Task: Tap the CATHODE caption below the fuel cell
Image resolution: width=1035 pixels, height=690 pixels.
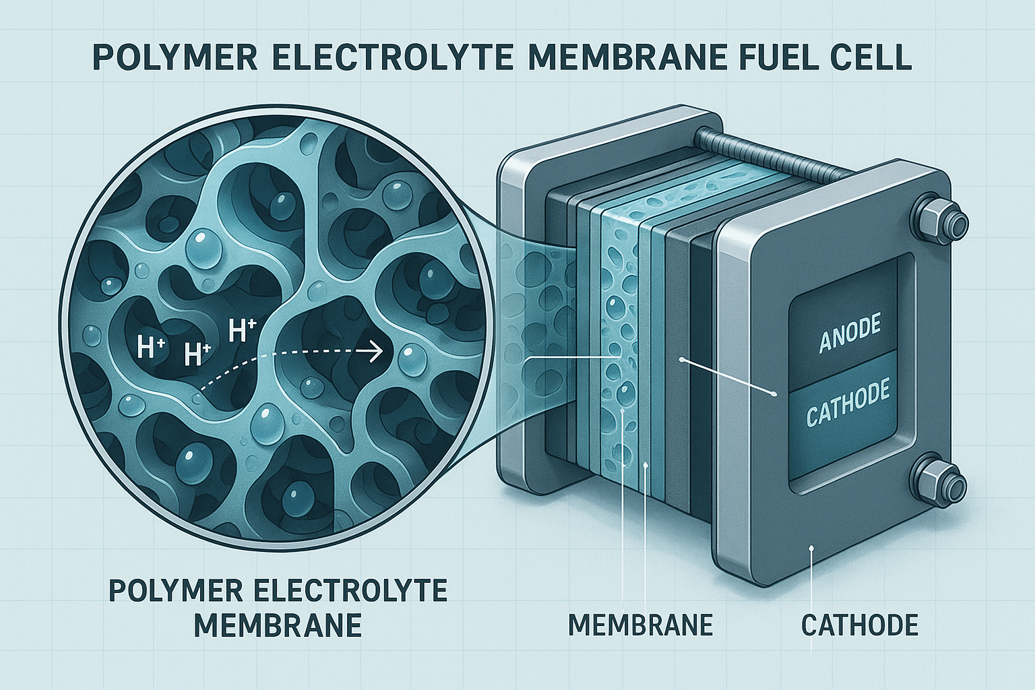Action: pos(859,625)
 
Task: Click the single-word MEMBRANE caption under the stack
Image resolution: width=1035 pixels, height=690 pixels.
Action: pos(640,625)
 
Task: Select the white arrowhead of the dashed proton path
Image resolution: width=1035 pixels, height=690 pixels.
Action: pos(377,352)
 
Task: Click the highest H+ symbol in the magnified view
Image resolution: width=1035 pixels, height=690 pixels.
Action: pos(242,331)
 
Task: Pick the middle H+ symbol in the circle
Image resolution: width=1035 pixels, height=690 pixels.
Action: pos(197,354)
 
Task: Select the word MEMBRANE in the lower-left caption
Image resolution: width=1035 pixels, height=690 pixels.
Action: pos(278,626)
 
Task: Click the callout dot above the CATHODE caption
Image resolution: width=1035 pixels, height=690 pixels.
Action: pos(811,548)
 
